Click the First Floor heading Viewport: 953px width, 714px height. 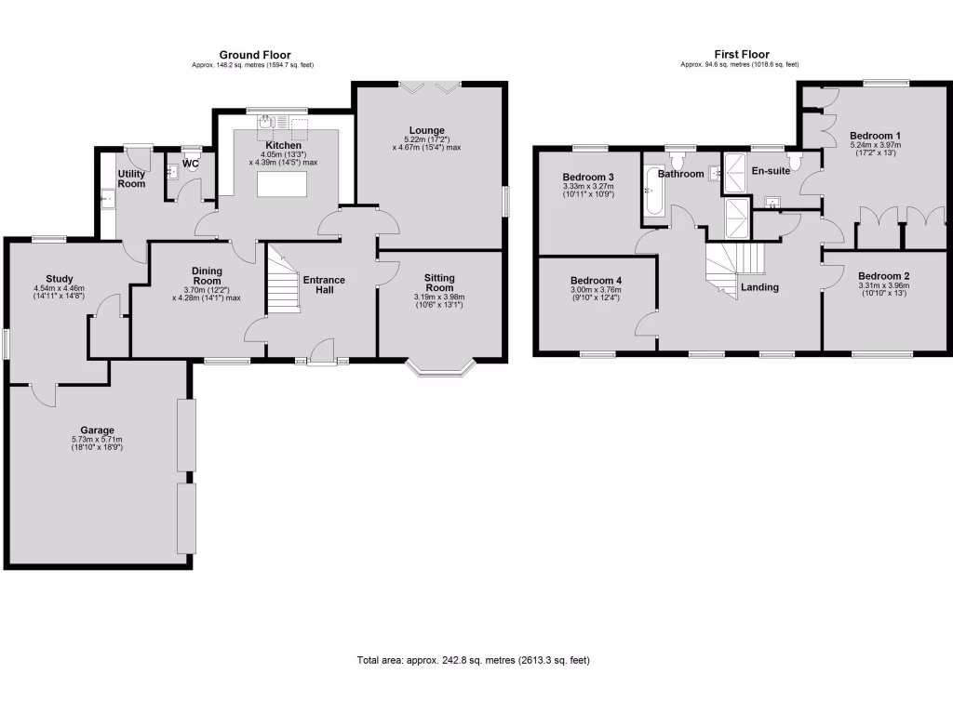[x=742, y=55]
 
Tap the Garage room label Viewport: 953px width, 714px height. [x=97, y=430]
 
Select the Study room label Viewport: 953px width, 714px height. [x=60, y=278]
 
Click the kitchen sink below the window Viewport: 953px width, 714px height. [x=265, y=122]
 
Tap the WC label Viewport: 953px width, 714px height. [x=191, y=165]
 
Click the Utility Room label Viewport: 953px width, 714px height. [x=131, y=178]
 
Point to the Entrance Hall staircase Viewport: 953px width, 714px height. [x=282, y=278]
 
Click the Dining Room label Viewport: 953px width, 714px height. [x=207, y=275]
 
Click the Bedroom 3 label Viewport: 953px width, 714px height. [x=587, y=178]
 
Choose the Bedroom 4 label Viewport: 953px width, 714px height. [x=595, y=281]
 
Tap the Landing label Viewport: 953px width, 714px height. [x=759, y=287]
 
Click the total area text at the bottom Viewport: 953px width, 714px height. [x=473, y=660]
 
